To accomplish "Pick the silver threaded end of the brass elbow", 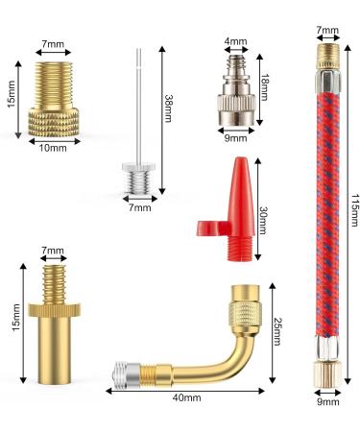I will point(126,372).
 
